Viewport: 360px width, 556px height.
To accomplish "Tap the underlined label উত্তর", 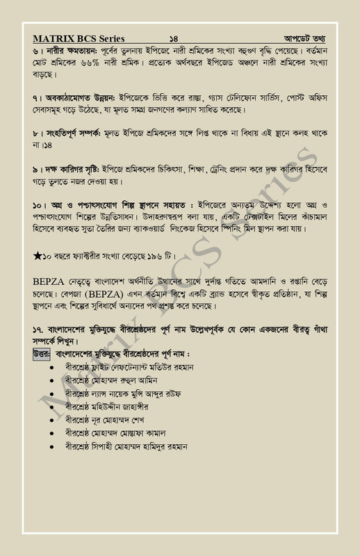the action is (41, 354).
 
